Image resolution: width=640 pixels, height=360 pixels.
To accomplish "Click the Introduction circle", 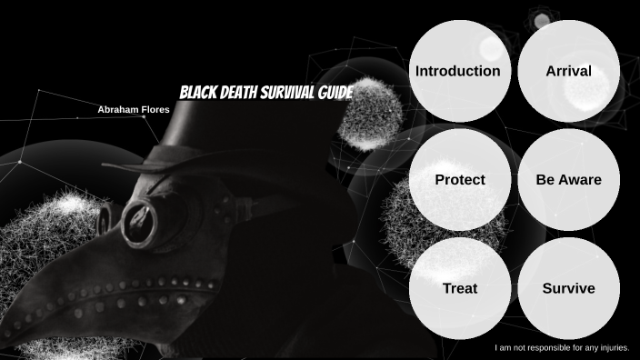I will point(457,71).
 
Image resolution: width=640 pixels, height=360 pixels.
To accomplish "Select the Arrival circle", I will point(568,71).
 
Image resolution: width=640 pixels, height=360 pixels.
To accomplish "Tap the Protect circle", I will point(459,180).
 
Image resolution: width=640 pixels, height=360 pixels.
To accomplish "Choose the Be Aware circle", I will point(568,180).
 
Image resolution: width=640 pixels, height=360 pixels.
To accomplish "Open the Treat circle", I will point(459,289).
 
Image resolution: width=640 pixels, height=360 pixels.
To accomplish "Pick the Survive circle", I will point(568,289).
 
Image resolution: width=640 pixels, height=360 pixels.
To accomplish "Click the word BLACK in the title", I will point(196,93).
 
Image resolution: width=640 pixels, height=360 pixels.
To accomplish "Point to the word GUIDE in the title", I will point(334,93).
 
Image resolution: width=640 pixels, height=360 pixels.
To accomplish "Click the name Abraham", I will point(118,109).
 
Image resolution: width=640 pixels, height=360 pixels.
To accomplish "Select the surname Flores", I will point(155,109).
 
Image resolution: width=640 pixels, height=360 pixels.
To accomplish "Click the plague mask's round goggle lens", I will point(140,219).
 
